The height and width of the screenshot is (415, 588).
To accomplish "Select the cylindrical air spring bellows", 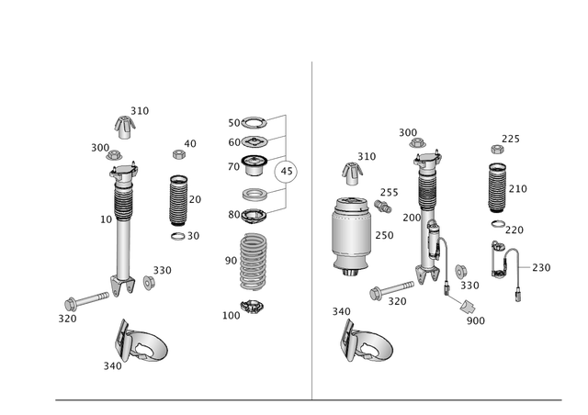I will [x=350, y=234].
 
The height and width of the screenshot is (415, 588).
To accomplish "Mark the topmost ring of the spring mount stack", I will [x=248, y=122].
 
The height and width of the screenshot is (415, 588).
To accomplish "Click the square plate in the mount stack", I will [x=248, y=141].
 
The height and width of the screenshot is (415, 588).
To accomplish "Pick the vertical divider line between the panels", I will [x=312, y=230].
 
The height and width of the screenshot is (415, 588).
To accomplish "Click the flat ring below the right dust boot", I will [x=496, y=224].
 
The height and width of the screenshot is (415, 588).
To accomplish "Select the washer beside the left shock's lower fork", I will [x=148, y=278].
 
